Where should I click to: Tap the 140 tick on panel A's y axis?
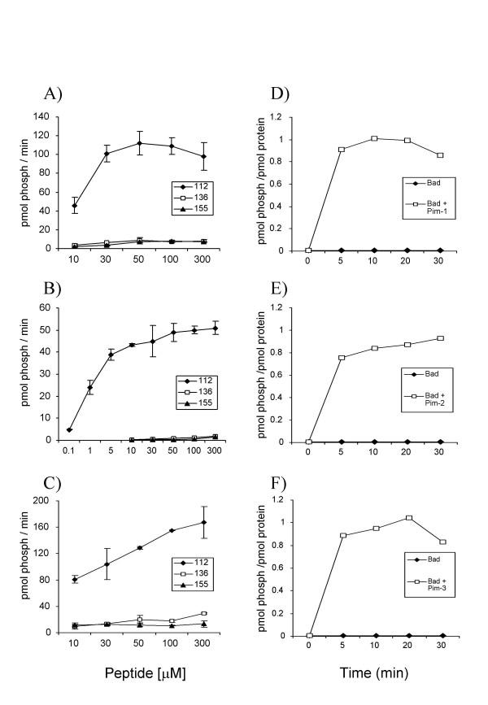(x=35, y=115)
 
